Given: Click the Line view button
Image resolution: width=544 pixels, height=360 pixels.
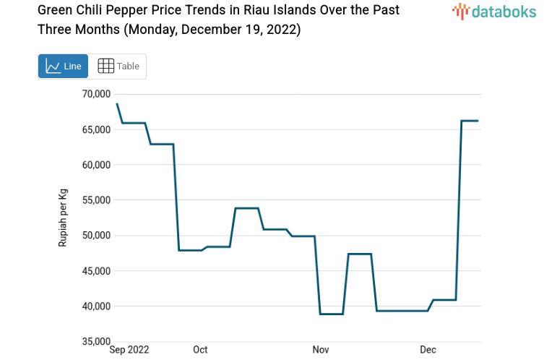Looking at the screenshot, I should coord(63,67).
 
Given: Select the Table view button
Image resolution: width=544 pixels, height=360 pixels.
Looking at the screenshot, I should coord(118,67).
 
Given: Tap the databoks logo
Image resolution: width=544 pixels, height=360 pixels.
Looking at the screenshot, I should coord(494,11).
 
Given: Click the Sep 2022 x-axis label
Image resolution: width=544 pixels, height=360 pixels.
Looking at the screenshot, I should coord(129,350).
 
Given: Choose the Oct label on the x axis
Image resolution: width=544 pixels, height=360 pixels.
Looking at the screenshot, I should coord(200,350).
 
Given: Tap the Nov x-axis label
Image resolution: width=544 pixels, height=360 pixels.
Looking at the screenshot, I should coord(320,350).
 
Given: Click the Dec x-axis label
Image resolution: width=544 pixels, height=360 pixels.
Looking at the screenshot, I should coord(428,350).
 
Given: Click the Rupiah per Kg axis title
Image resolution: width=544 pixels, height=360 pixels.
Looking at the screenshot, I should coord(63,218).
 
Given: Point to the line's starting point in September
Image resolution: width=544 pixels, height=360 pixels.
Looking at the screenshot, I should coord(117,104).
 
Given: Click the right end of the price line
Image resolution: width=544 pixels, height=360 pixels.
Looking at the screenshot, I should coord(478,121).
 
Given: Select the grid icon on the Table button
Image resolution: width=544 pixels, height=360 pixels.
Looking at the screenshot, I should coord(105,67).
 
